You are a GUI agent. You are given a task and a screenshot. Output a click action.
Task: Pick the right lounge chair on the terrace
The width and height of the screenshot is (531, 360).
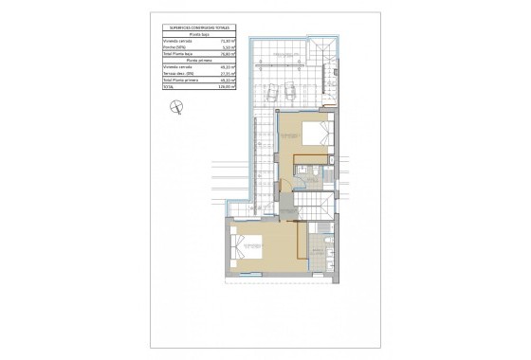pos(289,92)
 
